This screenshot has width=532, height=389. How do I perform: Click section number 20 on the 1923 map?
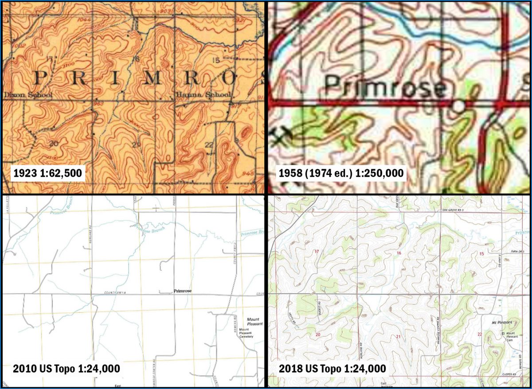[54, 143]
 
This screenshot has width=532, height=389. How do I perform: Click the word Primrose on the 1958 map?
[384, 86]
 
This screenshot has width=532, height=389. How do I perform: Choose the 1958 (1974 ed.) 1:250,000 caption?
[341, 173]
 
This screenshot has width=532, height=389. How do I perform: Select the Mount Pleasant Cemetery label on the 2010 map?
[246, 333]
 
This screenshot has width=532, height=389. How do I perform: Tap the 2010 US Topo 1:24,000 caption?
[66, 368]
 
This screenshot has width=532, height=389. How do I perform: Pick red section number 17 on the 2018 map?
[316, 252]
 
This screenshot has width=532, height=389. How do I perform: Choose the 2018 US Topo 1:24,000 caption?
[332, 368]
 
